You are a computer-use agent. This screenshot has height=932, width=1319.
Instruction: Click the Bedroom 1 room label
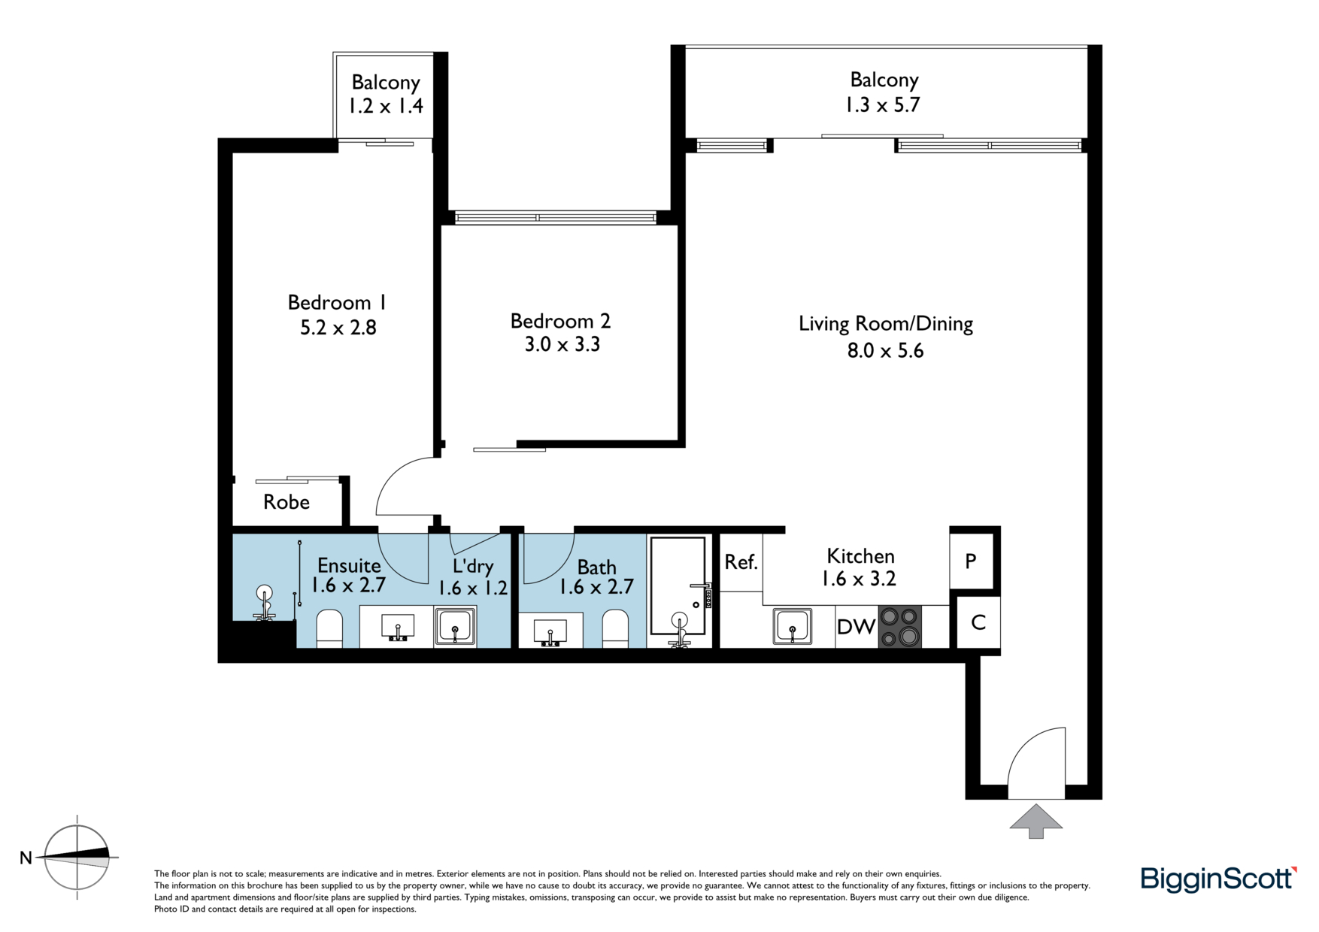[x=338, y=302]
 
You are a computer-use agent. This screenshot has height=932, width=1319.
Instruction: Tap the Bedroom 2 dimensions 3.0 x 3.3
[x=562, y=345]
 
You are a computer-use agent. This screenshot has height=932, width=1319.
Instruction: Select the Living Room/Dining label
[x=886, y=324]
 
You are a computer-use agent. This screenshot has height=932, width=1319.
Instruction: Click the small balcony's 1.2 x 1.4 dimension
[x=386, y=106]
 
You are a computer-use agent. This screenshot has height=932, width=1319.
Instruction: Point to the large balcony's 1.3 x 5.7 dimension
[x=883, y=104]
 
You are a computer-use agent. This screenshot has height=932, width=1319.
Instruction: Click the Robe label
[x=287, y=502]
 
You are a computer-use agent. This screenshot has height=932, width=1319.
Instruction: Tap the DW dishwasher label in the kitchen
[x=856, y=627]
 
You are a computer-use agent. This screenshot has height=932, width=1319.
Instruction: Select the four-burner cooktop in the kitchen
[x=900, y=627]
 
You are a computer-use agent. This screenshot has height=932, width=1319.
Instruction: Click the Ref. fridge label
[x=741, y=562]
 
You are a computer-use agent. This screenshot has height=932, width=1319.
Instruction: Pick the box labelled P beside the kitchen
[x=971, y=561]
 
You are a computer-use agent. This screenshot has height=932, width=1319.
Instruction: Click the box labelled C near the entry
[x=978, y=622]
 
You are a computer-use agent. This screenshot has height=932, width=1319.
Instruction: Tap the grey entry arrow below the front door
[x=1036, y=821]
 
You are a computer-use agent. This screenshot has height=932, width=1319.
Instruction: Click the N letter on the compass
[x=26, y=858]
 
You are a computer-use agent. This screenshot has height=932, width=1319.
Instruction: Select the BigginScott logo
[x=1219, y=879]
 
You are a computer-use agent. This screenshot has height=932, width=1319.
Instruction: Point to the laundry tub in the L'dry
[x=455, y=627]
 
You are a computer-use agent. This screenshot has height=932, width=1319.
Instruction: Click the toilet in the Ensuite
[x=329, y=629]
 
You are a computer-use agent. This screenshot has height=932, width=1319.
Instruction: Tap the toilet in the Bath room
[x=615, y=629]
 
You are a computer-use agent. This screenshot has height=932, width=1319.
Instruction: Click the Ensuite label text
[x=349, y=565]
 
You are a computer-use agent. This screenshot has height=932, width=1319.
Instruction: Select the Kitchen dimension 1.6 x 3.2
[x=859, y=579]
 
